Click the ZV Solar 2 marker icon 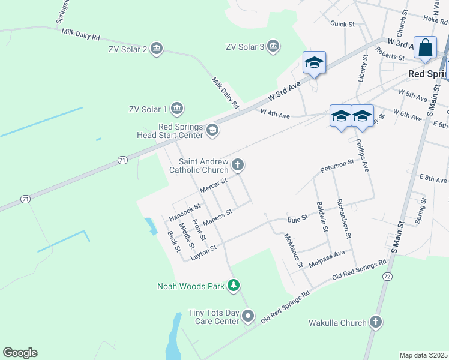click(x=157, y=49)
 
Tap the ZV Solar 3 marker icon click(x=273, y=47)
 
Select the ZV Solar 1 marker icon click(x=176, y=109)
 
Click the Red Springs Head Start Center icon click(x=212, y=130)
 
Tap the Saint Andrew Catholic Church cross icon click(x=238, y=164)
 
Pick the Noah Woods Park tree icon click(x=234, y=286)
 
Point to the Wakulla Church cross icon click(x=375, y=323)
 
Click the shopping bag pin click(x=426, y=49)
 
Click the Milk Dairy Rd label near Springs click(x=80, y=34)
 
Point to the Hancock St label click(x=184, y=212)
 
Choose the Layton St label click(x=203, y=252)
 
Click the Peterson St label click(x=337, y=164)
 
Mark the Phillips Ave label click(x=362, y=155)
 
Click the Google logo click(x=20, y=353)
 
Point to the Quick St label click(x=343, y=24)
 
